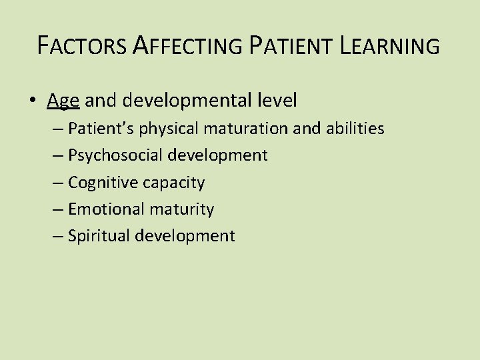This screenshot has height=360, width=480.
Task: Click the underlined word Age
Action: (63, 101)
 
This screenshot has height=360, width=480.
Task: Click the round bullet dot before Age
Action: (33, 101)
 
